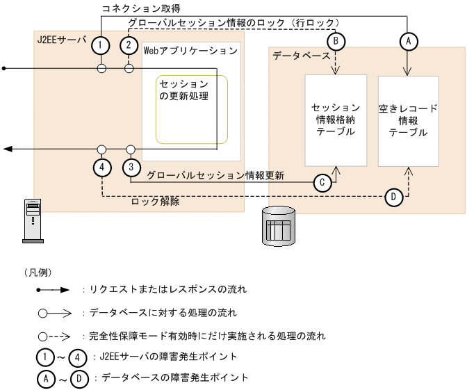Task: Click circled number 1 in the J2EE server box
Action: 101,45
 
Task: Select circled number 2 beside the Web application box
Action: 129,45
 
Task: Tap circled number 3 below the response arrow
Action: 130,168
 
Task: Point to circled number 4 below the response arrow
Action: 101,168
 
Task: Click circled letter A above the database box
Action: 408,41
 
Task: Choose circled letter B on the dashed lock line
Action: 336,41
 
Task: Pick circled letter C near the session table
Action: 322,183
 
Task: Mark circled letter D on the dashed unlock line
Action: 393,197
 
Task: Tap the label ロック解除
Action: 155,202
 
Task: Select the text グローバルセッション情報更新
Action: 215,176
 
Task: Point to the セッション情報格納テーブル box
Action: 336,120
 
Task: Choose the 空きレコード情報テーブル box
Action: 408,120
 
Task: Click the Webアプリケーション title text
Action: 190,51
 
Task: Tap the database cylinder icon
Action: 280,225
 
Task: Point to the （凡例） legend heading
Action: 37,272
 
